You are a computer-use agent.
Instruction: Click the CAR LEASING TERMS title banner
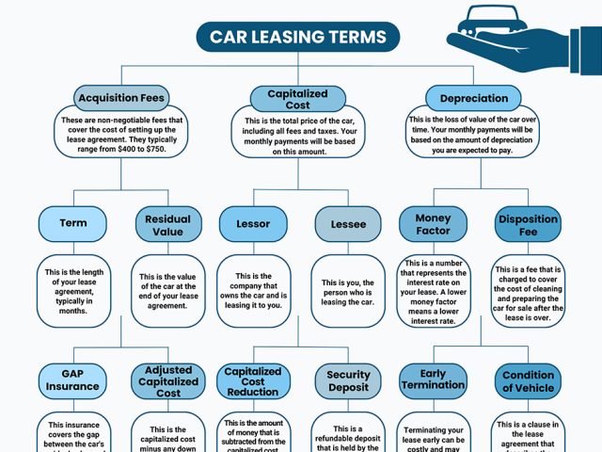(297, 38)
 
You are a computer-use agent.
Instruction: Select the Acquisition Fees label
(120, 98)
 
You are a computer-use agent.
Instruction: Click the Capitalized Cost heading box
(297, 98)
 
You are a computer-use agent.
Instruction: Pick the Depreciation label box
(473, 98)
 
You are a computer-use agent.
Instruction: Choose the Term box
(72, 223)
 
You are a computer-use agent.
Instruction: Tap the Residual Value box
(167, 224)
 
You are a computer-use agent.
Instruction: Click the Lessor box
(252, 224)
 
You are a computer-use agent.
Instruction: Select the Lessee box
(348, 224)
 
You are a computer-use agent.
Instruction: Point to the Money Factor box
(433, 224)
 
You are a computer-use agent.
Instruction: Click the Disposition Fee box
(528, 224)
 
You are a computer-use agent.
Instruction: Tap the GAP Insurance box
(72, 380)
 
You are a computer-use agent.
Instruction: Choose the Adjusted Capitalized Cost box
(167, 380)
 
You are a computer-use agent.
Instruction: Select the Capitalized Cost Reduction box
(252, 380)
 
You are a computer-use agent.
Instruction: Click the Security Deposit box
(348, 380)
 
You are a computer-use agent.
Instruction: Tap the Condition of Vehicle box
(528, 380)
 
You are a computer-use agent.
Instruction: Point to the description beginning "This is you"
(348, 292)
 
